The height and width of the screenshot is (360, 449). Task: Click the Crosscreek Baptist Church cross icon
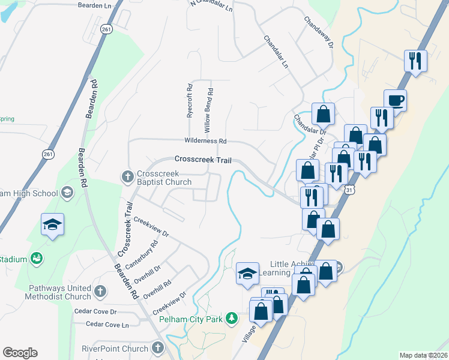[x=127, y=176]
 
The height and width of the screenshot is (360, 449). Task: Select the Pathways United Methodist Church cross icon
[x=100, y=292]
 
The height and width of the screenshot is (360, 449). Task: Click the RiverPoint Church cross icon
[x=157, y=348]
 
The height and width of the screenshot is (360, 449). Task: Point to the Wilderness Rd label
[x=205, y=142]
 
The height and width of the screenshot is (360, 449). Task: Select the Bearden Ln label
[x=95, y=5]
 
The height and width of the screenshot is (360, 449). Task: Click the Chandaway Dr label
[x=318, y=31]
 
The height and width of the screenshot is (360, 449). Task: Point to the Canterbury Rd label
[x=142, y=254]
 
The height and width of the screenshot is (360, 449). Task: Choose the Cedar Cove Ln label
[x=107, y=325]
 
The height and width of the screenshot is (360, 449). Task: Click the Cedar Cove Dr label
[x=95, y=311]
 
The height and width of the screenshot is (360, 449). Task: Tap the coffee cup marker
[x=395, y=100]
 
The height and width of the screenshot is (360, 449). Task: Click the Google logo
[x=20, y=353]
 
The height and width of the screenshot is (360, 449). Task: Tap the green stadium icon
[x=37, y=259]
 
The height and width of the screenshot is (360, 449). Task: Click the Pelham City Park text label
[x=191, y=319]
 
